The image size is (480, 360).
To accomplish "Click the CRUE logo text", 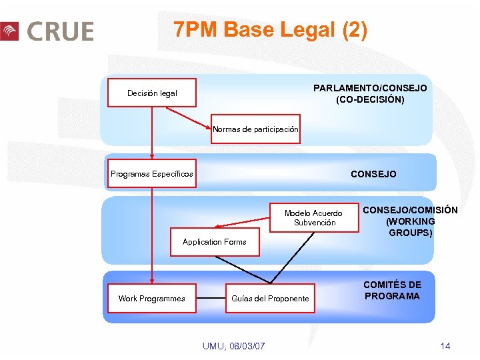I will pyautogui.click(x=60, y=31).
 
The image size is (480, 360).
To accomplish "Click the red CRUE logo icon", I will pyautogui.click(x=9, y=31).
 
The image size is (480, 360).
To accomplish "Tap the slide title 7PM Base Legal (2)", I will pyautogui.click(x=270, y=30).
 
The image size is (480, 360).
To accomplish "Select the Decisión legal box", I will pyautogui.click(x=152, y=93).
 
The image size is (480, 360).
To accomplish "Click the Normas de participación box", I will pyautogui.click(x=255, y=129).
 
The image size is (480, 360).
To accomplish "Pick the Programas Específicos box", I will pyautogui.click(x=152, y=174).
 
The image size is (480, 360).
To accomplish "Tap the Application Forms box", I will pyautogui.click(x=214, y=242).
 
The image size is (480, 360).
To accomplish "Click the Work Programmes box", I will pyautogui.click(x=151, y=298).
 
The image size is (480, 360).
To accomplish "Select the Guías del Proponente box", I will pyautogui.click(x=270, y=298).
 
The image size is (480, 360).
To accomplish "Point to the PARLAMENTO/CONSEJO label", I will pyautogui.click(x=370, y=88).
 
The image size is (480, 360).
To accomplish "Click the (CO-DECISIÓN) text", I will pyautogui.click(x=370, y=100).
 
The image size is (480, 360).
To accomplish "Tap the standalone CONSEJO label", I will pyautogui.click(x=373, y=174).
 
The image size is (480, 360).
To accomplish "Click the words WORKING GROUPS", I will pyautogui.click(x=410, y=227).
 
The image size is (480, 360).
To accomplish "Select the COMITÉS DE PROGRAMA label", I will pyautogui.click(x=392, y=291).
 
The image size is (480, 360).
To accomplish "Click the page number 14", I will pyautogui.click(x=445, y=345).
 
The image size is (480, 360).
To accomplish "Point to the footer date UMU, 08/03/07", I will pyautogui.click(x=233, y=345).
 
